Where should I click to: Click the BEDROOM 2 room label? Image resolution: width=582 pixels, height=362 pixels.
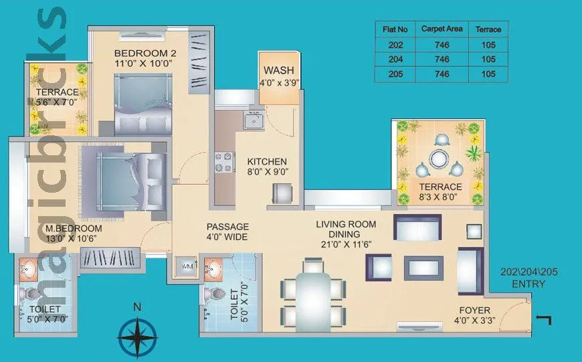[143, 53]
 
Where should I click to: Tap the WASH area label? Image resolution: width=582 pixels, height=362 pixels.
[278, 71]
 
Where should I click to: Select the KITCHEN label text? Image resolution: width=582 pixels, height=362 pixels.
[267, 162]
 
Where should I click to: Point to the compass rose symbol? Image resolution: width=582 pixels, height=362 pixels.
[137, 335]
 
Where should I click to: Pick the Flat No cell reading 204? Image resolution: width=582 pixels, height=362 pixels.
[395, 60]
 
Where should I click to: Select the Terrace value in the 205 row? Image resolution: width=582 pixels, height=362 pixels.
[488, 74]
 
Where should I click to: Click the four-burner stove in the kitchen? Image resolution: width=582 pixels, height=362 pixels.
[224, 161]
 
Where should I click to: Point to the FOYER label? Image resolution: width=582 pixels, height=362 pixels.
[474, 310]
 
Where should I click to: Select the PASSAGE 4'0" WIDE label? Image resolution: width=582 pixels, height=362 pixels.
[227, 232]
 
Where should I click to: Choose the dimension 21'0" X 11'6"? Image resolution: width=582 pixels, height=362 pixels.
[346, 245]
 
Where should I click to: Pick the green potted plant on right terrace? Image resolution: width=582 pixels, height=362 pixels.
[474, 153]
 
